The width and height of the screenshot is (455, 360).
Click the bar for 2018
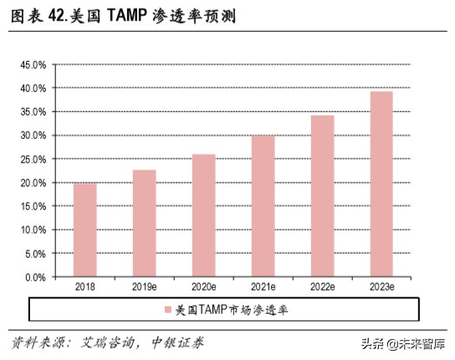click(x=84, y=230)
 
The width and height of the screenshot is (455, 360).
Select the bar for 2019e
click(x=144, y=224)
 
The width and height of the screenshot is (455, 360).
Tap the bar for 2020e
click(x=203, y=215)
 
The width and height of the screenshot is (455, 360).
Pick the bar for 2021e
click(x=263, y=206)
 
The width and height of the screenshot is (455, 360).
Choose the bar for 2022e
click(x=322, y=196)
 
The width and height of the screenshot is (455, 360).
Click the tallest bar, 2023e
click(x=381, y=184)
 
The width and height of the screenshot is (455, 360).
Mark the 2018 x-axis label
click(x=84, y=287)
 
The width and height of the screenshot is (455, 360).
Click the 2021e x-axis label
click(x=263, y=287)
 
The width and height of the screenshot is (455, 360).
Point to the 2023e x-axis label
click(x=381, y=287)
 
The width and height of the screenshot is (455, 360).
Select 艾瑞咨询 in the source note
click(x=108, y=343)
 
